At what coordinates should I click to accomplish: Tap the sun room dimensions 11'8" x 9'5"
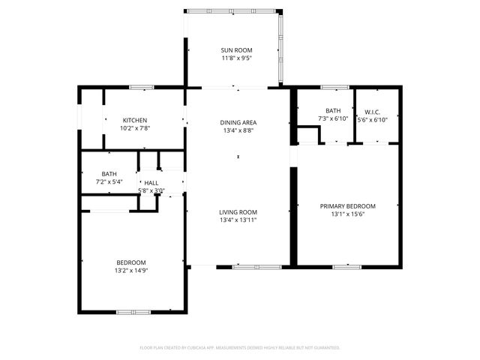coord(237,58)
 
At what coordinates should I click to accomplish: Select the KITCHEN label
coord(135,120)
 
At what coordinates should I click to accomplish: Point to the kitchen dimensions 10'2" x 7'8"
coord(135,128)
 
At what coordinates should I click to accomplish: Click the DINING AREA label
coord(238,122)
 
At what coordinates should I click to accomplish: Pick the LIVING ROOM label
coord(238,212)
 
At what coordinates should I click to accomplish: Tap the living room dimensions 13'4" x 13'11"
coord(238,220)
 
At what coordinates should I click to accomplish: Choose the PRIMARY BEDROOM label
coord(347,206)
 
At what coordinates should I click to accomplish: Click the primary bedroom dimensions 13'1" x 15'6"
coord(347,214)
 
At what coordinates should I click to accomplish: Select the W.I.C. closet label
coord(372,111)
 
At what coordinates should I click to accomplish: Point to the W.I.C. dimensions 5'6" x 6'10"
coord(372,119)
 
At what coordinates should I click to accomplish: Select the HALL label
coord(151,182)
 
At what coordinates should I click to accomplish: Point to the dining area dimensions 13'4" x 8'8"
coord(238,130)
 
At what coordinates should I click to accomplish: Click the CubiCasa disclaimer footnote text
coord(240,347)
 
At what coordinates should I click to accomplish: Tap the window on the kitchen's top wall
coord(142,88)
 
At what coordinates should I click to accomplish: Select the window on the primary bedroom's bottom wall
coord(346,266)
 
